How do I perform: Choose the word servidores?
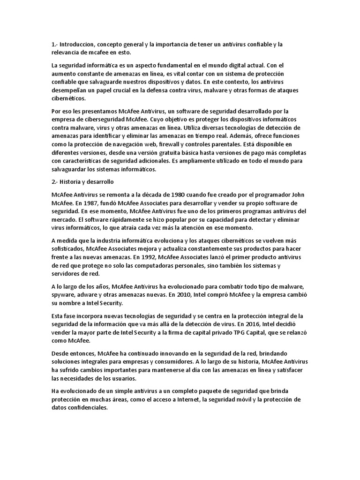[66, 274]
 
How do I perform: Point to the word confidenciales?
[88, 407]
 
